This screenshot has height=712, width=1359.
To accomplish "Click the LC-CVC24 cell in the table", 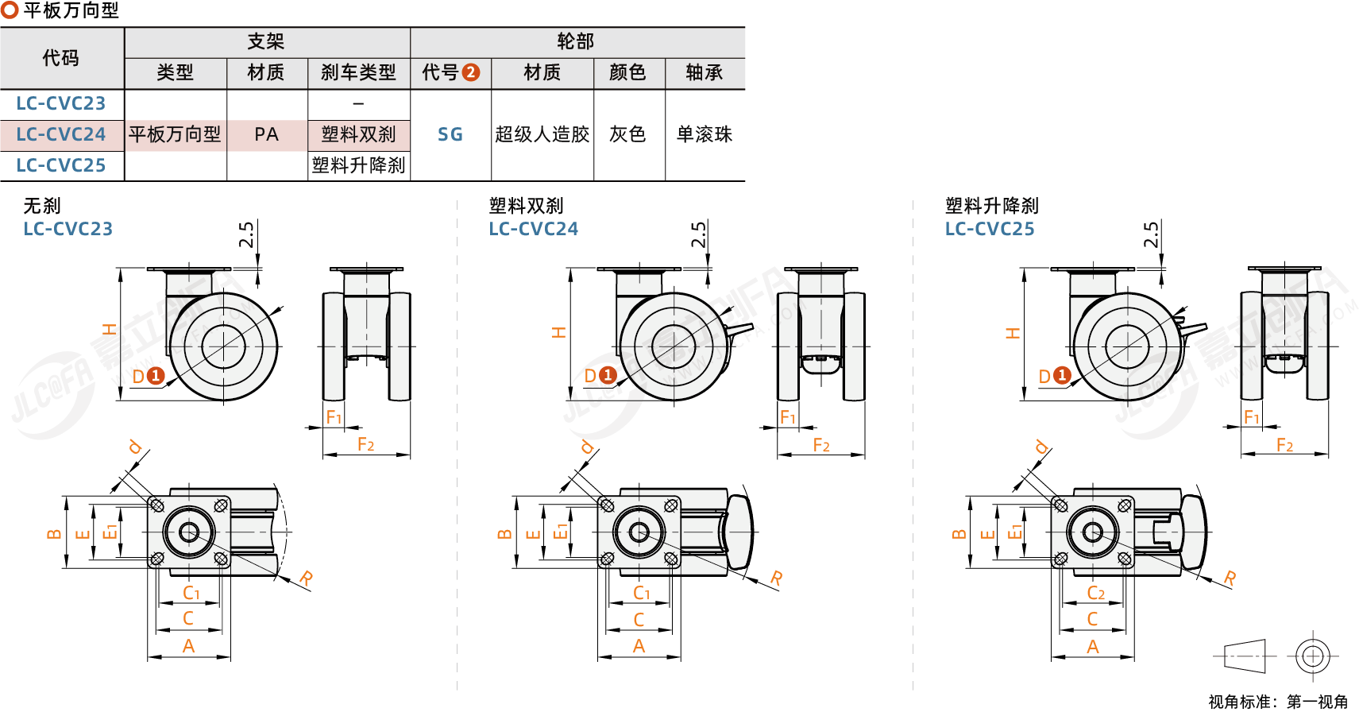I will pos(61,134).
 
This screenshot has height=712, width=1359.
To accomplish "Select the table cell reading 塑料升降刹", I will pos(359,165).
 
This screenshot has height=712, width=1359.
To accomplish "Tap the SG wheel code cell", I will pos(450,134).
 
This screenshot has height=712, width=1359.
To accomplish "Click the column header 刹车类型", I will pos(358,73).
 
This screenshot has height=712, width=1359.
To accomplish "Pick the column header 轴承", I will pos(705,73).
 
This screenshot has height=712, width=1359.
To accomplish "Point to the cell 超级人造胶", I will pos(542,134).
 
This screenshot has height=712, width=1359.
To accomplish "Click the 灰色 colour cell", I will pos(628,134).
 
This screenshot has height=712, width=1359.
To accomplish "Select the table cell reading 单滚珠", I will pos(705,134).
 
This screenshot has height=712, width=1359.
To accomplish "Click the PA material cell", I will pos(267,134).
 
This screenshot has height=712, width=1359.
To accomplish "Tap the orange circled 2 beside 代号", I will pos(471,73).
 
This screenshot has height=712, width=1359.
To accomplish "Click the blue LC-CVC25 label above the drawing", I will pos(990,229).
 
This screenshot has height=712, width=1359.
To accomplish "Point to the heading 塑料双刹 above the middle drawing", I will pos(526,206).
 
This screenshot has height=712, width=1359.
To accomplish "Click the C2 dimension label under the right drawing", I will pos(1095,593).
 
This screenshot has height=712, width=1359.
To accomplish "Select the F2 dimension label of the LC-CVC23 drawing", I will pos(365,444).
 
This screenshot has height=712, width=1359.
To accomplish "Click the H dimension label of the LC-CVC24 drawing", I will pos(559,332).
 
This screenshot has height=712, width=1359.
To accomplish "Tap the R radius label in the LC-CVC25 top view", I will pos(1230,578).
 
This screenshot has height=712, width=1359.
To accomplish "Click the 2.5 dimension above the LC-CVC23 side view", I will pos(247,234).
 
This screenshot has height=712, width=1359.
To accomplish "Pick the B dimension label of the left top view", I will pos(54,534).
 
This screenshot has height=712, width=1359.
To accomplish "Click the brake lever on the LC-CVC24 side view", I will pos(739,329).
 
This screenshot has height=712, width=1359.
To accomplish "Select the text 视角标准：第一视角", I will pos(1278,702).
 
